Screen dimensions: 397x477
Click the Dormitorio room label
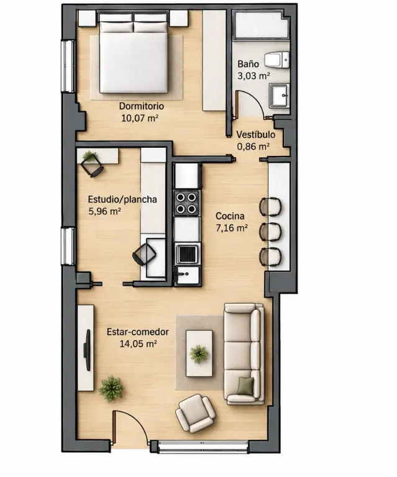coord(142,106)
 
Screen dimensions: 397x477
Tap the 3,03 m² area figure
coord(253,76)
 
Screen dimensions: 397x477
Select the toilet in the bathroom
coord(277,60)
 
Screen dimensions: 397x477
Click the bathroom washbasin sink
coord(279,96)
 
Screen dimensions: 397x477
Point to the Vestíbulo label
coord(256,135)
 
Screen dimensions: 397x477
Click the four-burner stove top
coord(186,203)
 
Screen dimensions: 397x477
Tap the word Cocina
coord(230,216)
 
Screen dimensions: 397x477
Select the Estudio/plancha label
coord(122,199)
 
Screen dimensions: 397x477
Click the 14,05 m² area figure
coord(139,344)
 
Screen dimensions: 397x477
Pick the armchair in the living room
coord(196,413)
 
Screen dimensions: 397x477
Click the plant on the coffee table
coord(199,354)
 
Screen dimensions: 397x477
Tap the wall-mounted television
coord(88,350)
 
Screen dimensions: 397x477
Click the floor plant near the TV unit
coord(111,388)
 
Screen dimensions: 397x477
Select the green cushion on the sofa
coord(246,386)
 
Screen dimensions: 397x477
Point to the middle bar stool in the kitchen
coord(270,232)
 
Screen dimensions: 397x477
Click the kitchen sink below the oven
coord(187,275)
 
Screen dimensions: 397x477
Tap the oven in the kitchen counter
coord(187,254)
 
